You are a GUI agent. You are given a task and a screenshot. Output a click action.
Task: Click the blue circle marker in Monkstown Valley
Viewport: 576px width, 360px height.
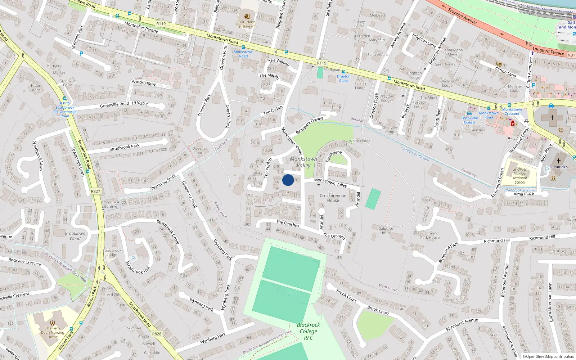pos(288,180)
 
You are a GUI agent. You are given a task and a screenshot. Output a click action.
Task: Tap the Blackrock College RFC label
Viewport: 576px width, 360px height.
pos(308,331)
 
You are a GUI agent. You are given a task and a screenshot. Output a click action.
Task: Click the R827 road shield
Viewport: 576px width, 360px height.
pos(95,191)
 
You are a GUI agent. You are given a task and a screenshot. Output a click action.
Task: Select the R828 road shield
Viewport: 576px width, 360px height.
pos(157,334)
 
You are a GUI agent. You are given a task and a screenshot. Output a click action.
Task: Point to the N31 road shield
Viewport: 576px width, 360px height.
pos(571,55)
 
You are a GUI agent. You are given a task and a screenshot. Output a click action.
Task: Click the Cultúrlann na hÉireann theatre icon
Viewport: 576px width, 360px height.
pos(247,17)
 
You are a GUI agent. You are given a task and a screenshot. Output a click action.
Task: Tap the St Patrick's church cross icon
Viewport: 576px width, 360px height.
pos(558,161)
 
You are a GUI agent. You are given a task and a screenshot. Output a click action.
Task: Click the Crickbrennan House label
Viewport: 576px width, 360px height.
pos(333,198)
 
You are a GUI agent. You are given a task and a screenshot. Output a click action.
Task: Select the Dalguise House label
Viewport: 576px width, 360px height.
pos(386,230)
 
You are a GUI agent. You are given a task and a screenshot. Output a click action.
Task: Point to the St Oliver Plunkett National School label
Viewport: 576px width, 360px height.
pos(520,176)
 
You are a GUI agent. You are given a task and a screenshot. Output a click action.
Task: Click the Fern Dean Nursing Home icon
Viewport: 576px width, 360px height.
pos(53,323)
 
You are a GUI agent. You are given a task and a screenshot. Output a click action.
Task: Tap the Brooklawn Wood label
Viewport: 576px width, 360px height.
pos(75,236)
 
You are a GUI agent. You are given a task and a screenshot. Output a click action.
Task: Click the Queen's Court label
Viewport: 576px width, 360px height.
pos(199,150)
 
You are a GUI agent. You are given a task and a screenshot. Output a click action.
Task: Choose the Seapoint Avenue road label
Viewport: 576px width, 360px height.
pos(462,17)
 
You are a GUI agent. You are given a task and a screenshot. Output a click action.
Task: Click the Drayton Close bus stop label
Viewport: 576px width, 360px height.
pos(343,78)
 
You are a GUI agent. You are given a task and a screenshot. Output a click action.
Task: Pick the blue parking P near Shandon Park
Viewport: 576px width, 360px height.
pos(81,54)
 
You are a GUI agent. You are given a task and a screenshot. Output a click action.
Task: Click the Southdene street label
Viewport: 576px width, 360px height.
pos(334,156)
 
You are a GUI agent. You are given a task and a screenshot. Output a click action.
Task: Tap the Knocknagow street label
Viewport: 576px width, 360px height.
pos(144,82)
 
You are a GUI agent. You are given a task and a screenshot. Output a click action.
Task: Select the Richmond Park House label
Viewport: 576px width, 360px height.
pos(430,235)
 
